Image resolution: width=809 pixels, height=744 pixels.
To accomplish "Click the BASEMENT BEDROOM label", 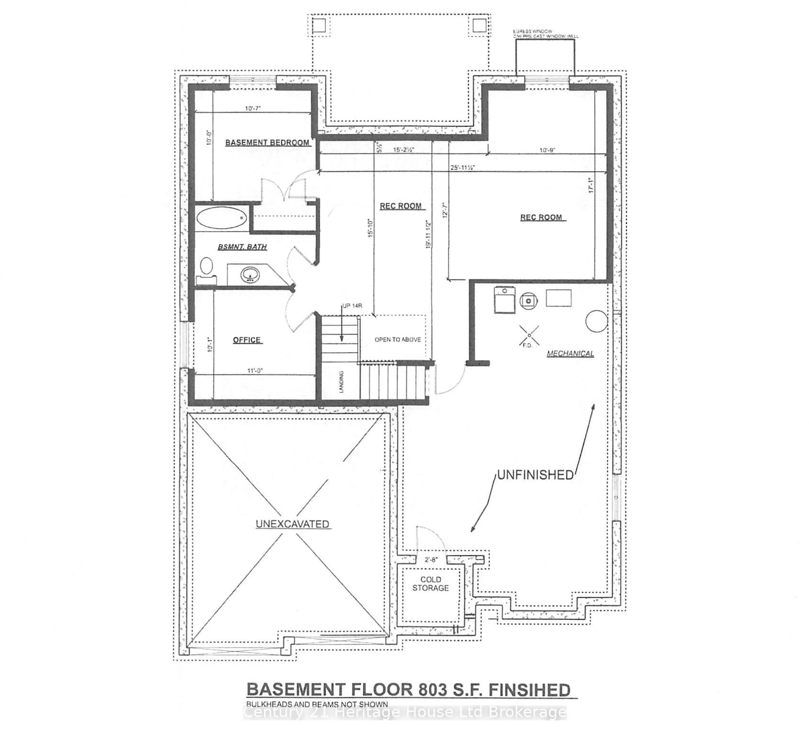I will pos(267,142).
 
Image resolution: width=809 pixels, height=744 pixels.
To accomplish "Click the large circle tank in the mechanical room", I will pos(596,321).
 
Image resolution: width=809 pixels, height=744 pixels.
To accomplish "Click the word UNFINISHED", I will pos(535,475).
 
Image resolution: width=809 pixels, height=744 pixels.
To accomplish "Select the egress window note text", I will pos(545,34).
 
